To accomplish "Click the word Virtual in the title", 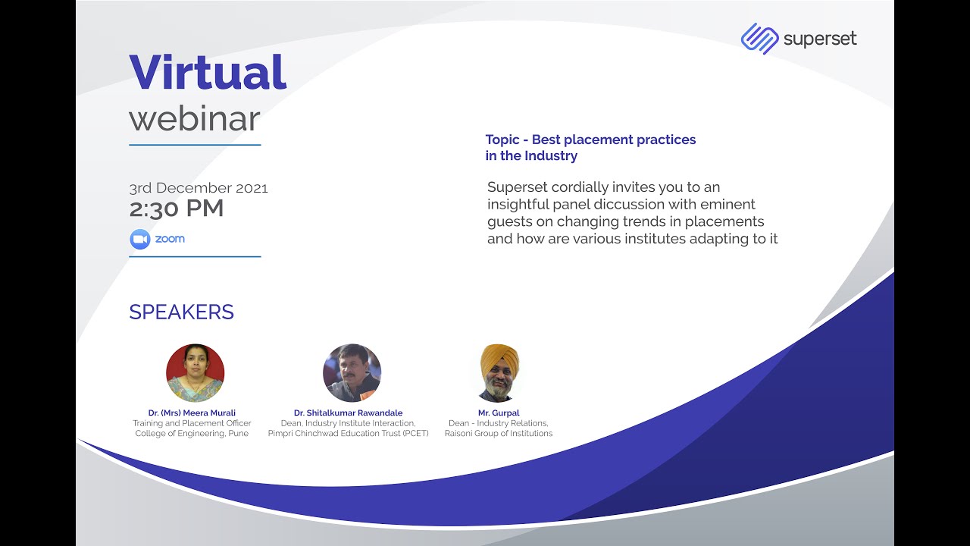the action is [x=208, y=72].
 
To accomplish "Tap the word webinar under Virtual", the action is [x=195, y=119].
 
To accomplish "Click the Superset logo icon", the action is [x=759, y=39].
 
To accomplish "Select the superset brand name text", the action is [x=820, y=39].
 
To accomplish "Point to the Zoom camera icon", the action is [x=140, y=239].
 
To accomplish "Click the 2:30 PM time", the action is [x=177, y=209].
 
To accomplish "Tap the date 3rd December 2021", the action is [x=199, y=188].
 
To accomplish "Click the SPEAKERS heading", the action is [x=181, y=312].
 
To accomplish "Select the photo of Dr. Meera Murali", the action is [x=196, y=372].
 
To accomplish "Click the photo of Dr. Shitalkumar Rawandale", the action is [x=352, y=372].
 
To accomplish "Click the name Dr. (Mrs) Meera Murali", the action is [x=192, y=413].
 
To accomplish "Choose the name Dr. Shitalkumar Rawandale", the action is [x=348, y=413].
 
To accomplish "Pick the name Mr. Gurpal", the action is [x=499, y=413].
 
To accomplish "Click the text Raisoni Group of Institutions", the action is [x=499, y=433].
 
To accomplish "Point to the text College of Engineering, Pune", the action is [x=192, y=433].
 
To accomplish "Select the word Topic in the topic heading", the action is [x=502, y=140].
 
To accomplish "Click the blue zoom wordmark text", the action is [x=170, y=239].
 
